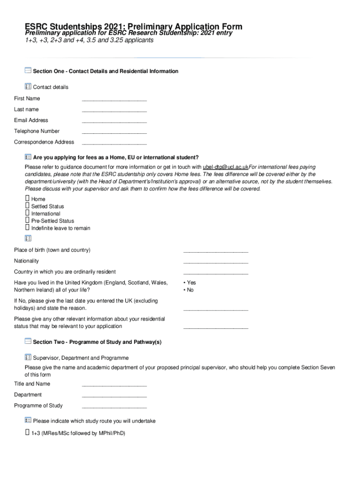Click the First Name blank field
(x=114, y=99)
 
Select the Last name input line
(x=114, y=110)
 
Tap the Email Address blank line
(x=114, y=121)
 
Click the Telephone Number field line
(x=114, y=132)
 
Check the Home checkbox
(x=27, y=199)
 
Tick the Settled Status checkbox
(x=27, y=206)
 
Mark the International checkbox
(x=27, y=213)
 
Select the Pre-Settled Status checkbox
(x=27, y=221)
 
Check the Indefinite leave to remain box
(x=27, y=228)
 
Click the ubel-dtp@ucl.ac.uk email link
(x=225, y=167)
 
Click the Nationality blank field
(x=216, y=261)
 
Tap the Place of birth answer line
(x=216, y=251)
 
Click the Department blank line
(x=114, y=395)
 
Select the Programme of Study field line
(x=114, y=406)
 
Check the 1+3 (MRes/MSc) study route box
(x=27, y=433)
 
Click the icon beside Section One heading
(x=28, y=71)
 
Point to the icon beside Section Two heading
(x=28, y=341)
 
